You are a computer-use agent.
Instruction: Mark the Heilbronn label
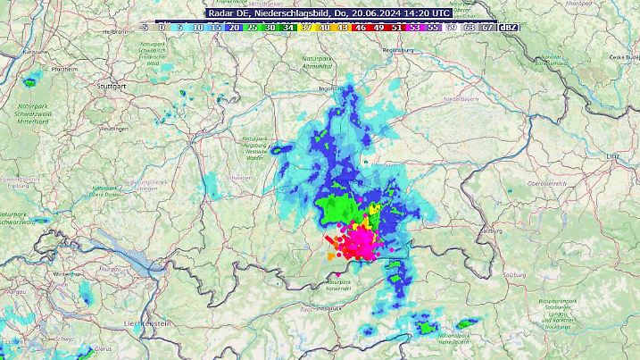118,30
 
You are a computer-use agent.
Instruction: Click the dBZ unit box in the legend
509,27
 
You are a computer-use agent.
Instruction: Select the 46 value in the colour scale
361,27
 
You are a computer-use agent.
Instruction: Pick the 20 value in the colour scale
232,27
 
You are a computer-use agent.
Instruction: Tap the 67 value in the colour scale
488,27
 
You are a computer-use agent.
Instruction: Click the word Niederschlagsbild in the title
295,13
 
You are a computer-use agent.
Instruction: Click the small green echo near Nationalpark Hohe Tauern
465,324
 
